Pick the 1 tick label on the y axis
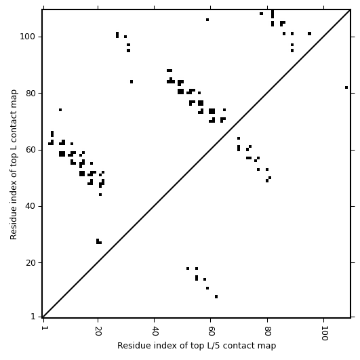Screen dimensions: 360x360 pyautogui.click(x=33, y=317)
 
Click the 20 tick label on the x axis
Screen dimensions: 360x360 pyautogui.click(x=98, y=331)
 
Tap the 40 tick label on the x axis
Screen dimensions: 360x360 pyautogui.click(x=155, y=331)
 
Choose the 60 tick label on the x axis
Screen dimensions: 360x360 pyautogui.click(x=211, y=331)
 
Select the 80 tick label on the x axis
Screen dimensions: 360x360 pyautogui.click(x=267, y=331)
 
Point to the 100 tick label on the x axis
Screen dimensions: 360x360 pyautogui.click(x=323, y=333)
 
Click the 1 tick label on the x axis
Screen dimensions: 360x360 pyautogui.click(x=43, y=328)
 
